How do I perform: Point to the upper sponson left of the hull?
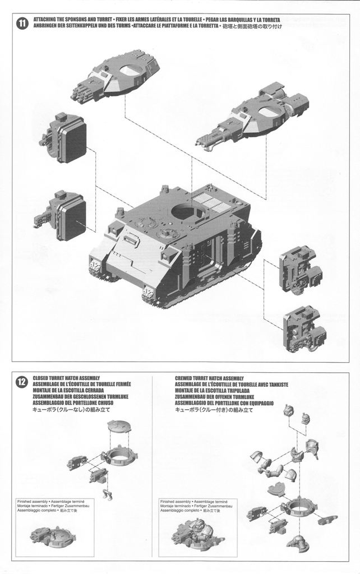pyautogui.click(x=64, y=136)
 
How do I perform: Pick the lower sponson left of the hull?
pyautogui.click(x=62, y=215)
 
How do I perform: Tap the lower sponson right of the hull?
pyautogui.click(x=305, y=329)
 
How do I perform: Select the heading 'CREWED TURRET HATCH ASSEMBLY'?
pyautogui.click(x=208, y=378)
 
